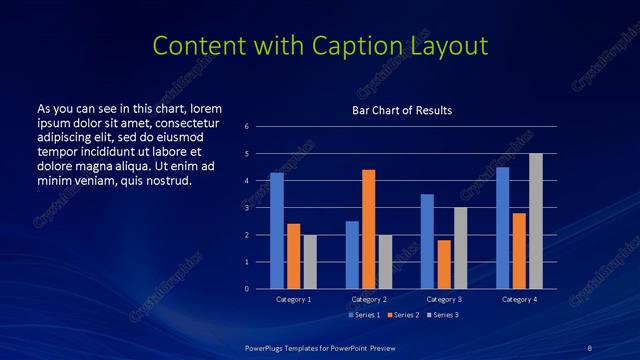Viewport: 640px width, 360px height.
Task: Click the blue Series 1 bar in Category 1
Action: (277, 231)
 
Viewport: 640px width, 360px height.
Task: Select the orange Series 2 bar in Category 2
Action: (369, 229)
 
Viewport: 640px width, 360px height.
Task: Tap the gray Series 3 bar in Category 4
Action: (535, 221)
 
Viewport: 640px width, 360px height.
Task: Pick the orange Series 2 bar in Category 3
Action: (444, 264)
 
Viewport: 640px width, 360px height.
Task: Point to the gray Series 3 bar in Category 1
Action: (310, 262)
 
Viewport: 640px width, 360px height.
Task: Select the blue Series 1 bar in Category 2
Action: (352, 255)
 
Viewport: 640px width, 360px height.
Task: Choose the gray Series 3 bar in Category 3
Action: (460, 248)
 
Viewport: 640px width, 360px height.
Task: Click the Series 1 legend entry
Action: (364, 315)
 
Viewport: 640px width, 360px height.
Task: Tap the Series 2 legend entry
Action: (403, 315)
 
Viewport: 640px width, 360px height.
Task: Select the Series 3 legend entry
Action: (443, 315)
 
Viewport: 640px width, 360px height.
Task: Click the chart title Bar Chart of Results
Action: (402, 110)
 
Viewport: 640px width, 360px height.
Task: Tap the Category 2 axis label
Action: (369, 299)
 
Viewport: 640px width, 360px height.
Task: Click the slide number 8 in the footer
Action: (590, 347)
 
